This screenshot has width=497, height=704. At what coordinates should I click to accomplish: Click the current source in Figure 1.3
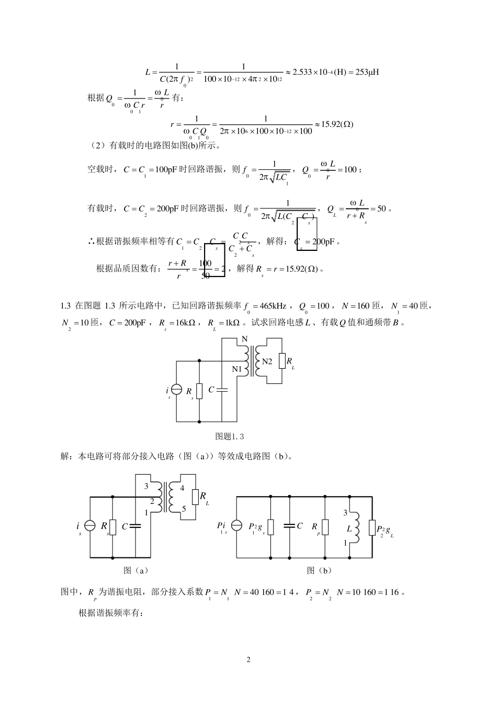[177, 391]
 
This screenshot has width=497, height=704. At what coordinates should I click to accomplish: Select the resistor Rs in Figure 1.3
[199, 391]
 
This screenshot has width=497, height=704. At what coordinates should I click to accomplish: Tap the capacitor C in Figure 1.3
[222, 390]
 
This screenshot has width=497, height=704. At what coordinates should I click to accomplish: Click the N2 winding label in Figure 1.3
[267, 361]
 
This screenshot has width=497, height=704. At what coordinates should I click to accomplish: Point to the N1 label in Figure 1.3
[237, 369]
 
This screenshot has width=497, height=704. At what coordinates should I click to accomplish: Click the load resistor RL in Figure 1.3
[282, 361]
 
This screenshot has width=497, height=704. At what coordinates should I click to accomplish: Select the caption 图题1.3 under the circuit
[230, 436]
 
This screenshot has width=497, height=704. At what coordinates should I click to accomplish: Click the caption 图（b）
[319, 570]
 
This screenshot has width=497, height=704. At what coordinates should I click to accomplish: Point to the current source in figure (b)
[236, 525]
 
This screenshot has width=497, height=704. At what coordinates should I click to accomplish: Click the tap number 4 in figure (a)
[182, 488]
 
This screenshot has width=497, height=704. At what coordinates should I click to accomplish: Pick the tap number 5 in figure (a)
[184, 508]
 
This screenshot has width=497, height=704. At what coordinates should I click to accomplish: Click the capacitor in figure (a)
[135, 526]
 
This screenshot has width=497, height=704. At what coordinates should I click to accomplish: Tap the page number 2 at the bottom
[249, 659]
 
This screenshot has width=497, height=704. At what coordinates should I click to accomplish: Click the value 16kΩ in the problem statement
[183, 323]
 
